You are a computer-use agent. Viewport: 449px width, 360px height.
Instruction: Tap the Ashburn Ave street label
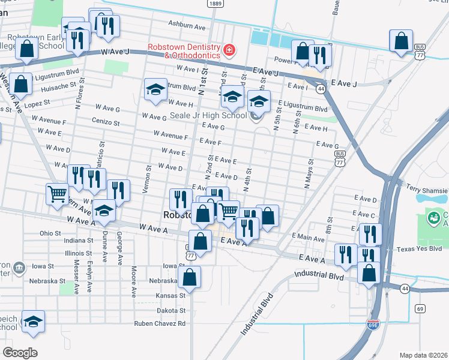click(187, 26)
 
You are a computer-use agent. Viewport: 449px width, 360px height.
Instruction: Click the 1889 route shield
click(215, 4)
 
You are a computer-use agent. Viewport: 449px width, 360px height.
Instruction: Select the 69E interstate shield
click(373, 325)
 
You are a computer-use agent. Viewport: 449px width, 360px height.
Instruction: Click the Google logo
click(20, 352)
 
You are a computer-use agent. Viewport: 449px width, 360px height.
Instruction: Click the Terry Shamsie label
click(426, 188)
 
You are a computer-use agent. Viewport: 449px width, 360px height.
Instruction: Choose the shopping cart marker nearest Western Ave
click(57, 193)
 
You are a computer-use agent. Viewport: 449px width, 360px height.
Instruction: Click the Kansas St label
click(171, 295)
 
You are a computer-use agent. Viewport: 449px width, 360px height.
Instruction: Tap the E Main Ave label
click(308, 238)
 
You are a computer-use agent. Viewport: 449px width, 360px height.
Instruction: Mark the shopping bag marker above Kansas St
click(189, 277)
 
